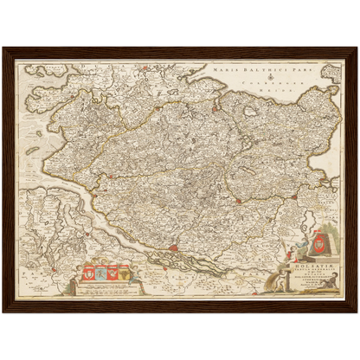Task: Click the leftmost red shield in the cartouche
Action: pos(89,274)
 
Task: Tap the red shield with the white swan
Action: pos(113,274)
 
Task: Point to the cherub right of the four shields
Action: pos(136,273)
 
